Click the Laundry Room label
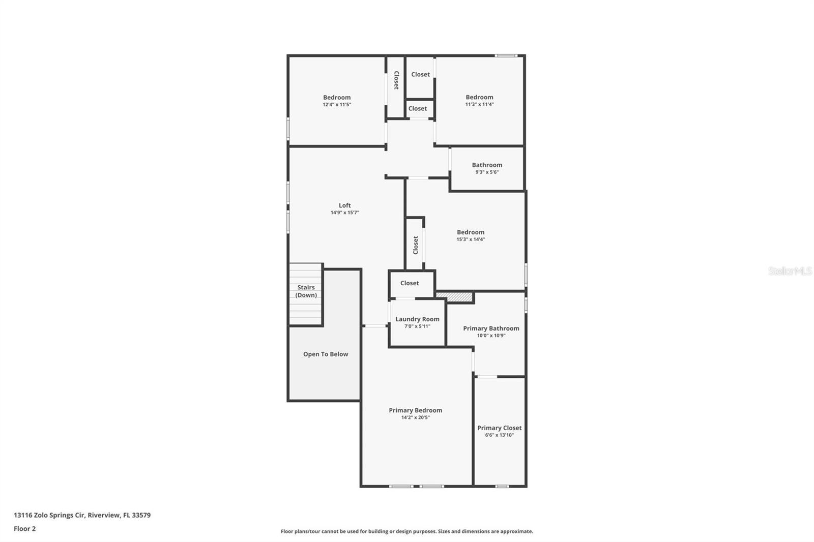click(x=417, y=319)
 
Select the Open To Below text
click(x=326, y=354)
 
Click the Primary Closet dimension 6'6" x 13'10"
click(x=499, y=435)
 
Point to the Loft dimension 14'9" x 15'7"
click(x=344, y=213)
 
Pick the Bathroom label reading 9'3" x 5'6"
click(x=487, y=172)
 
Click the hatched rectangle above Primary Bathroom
click(x=454, y=296)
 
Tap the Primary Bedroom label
click(x=415, y=410)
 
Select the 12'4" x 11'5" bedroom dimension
click(x=337, y=104)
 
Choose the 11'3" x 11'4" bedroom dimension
click(x=479, y=104)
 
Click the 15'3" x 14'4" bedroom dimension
click(x=471, y=239)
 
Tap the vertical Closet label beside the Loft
click(x=415, y=245)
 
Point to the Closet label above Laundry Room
click(x=410, y=283)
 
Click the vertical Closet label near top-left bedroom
click(x=396, y=80)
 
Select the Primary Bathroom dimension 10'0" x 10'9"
click(x=491, y=336)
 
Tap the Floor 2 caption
click(x=24, y=529)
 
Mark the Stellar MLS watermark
click(x=790, y=271)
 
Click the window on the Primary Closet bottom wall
click(x=502, y=487)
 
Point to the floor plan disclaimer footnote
click(x=406, y=531)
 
